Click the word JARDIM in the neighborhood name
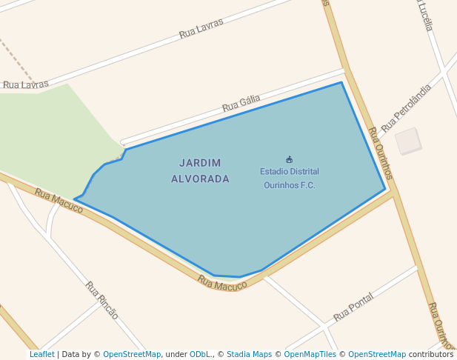pyautogui.click(x=200, y=162)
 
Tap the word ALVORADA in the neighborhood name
pyautogui.click(x=200, y=179)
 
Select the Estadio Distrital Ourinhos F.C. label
pyautogui.click(x=289, y=178)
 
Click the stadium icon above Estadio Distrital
pyautogui.click(x=289, y=159)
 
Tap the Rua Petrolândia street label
pyautogui.click(x=406, y=108)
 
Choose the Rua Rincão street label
pyautogui.click(x=101, y=299)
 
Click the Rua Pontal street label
pyautogui.click(x=353, y=306)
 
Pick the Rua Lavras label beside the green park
pyautogui.click(x=26, y=84)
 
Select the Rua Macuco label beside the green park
pyautogui.click(x=59, y=200)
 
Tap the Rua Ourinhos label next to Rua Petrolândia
pyautogui.click(x=380, y=153)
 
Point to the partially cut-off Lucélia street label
pyautogui.click(x=424, y=15)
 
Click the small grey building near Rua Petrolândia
pyautogui.click(x=408, y=141)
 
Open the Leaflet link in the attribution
pyautogui.click(x=41, y=354)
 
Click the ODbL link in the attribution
pyautogui.click(x=199, y=354)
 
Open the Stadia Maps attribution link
pyautogui.click(x=249, y=354)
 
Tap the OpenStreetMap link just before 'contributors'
pyautogui.click(x=377, y=354)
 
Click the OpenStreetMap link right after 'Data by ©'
pyautogui.click(x=132, y=354)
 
